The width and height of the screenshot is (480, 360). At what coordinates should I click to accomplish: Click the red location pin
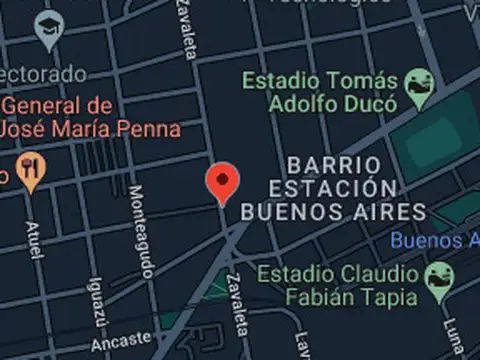tap(222, 182)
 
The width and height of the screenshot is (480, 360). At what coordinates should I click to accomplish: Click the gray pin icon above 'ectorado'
tap(47, 32)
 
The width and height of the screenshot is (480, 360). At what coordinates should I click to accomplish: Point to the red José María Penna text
tap(91, 129)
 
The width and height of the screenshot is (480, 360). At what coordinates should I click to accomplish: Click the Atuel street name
tap(36, 240)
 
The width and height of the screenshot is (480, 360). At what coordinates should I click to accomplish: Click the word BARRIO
tap(333, 164)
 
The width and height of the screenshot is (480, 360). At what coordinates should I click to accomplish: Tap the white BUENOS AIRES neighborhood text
tap(333, 211)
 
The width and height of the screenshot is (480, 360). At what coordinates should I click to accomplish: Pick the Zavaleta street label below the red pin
tap(238, 304)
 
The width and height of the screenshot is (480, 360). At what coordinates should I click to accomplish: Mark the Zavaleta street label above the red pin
tap(186, 30)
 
